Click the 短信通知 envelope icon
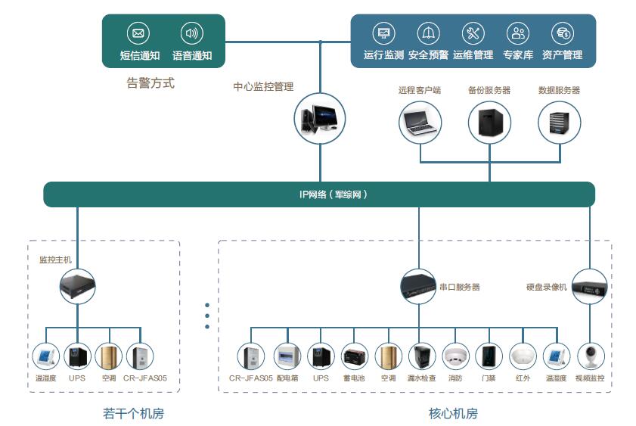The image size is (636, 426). (x=138, y=33)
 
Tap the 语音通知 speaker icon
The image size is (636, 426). (x=192, y=33)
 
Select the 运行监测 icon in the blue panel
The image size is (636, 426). (x=383, y=33)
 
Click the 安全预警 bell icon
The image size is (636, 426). (x=429, y=33)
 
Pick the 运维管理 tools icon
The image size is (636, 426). (x=473, y=33)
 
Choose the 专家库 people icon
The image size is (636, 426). (x=518, y=33)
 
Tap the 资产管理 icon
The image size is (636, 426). (x=563, y=33)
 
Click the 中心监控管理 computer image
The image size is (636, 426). (x=320, y=119)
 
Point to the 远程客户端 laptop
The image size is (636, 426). (x=420, y=122)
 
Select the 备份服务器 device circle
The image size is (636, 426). (x=489, y=122)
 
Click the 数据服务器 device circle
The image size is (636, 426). (x=560, y=122)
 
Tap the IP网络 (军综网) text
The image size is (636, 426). (x=333, y=194)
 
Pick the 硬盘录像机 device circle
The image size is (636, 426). (x=590, y=288)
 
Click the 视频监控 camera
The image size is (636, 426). (x=591, y=356)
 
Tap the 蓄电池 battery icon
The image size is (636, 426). (x=355, y=356)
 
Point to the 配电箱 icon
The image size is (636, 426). (x=287, y=356)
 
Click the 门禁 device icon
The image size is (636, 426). (x=489, y=356)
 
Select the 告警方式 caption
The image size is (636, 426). (x=150, y=83)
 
